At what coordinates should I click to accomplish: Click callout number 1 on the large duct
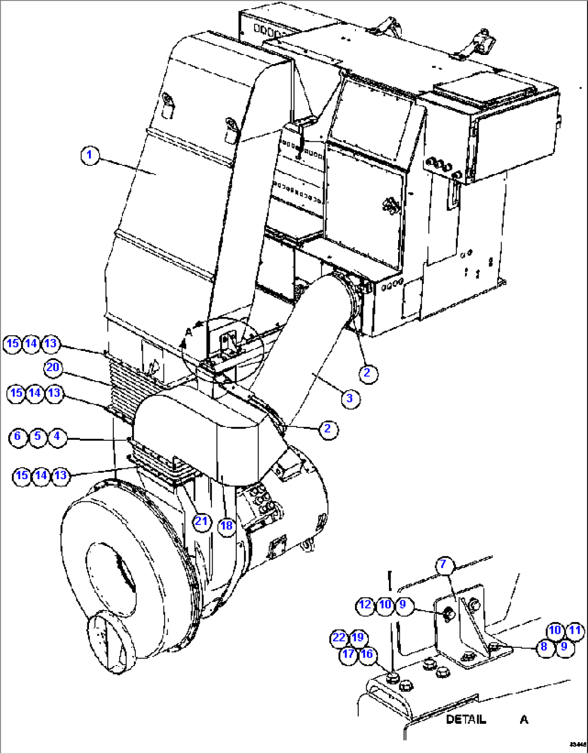point(90,156)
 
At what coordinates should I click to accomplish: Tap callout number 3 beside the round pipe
point(350,398)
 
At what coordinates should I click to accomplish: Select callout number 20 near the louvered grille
point(53,368)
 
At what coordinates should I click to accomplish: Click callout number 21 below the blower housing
point(201,521)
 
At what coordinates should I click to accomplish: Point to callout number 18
point(227,525)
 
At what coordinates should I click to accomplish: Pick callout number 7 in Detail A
point(443,564)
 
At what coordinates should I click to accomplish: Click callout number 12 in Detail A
point(365,605)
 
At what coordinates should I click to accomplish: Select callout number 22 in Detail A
point(339,638)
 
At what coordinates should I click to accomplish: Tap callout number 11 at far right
point(576,631)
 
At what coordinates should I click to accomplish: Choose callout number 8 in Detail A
point(544,646)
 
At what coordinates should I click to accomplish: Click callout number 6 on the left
point(18,436)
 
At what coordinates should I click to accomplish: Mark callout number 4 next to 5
point(57,436)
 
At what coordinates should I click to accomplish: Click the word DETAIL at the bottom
point(466,720)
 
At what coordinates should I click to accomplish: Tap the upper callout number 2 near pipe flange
point(367,373)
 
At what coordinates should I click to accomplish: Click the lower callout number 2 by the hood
point(327,429)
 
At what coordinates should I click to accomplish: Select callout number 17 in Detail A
point(348,654)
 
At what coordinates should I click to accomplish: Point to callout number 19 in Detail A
point(358,638)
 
